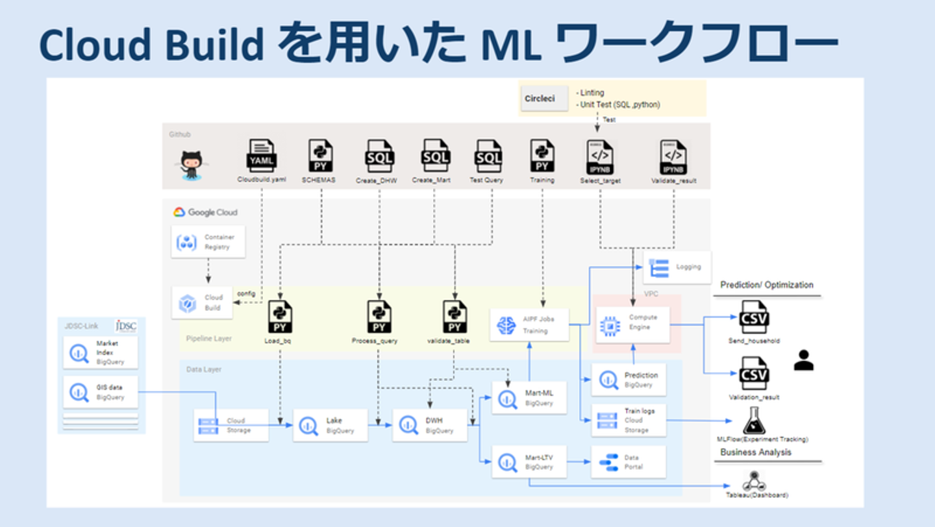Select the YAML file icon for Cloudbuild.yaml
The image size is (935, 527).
[x=262, y=156]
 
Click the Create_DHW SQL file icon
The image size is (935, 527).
[x=379, y=156]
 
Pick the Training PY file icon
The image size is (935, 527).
[x=542, y=156]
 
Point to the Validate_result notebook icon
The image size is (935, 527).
[x=673, y=156]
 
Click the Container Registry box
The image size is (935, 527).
[x=208, y=242]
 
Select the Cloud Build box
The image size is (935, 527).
[x=202, y=302]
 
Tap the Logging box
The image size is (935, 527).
[x=677, y=267]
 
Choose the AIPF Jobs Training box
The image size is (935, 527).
[x=529, y=325]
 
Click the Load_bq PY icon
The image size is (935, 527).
[x=280, y=317]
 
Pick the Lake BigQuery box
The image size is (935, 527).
[x=330, y=425]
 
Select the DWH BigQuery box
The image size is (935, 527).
[x=429, y=425]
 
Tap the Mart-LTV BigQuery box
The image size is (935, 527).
[x=529, y=461]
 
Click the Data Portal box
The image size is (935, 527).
[x=628, y=461]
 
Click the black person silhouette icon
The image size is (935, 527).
[x=804, y=360]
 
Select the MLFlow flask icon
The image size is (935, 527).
[x=754, y=421]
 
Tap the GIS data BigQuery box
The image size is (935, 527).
[x=101, y=392]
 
